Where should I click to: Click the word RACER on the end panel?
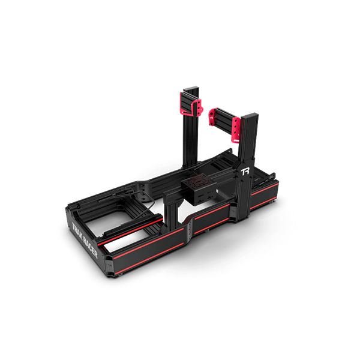coord(90,248)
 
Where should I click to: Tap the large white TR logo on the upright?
coord(245,172)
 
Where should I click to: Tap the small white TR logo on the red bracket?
coord(212,117)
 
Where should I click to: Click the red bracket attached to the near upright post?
coord(236,130)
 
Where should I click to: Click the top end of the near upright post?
coord(251,115)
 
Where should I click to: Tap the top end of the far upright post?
coord(191,88)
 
